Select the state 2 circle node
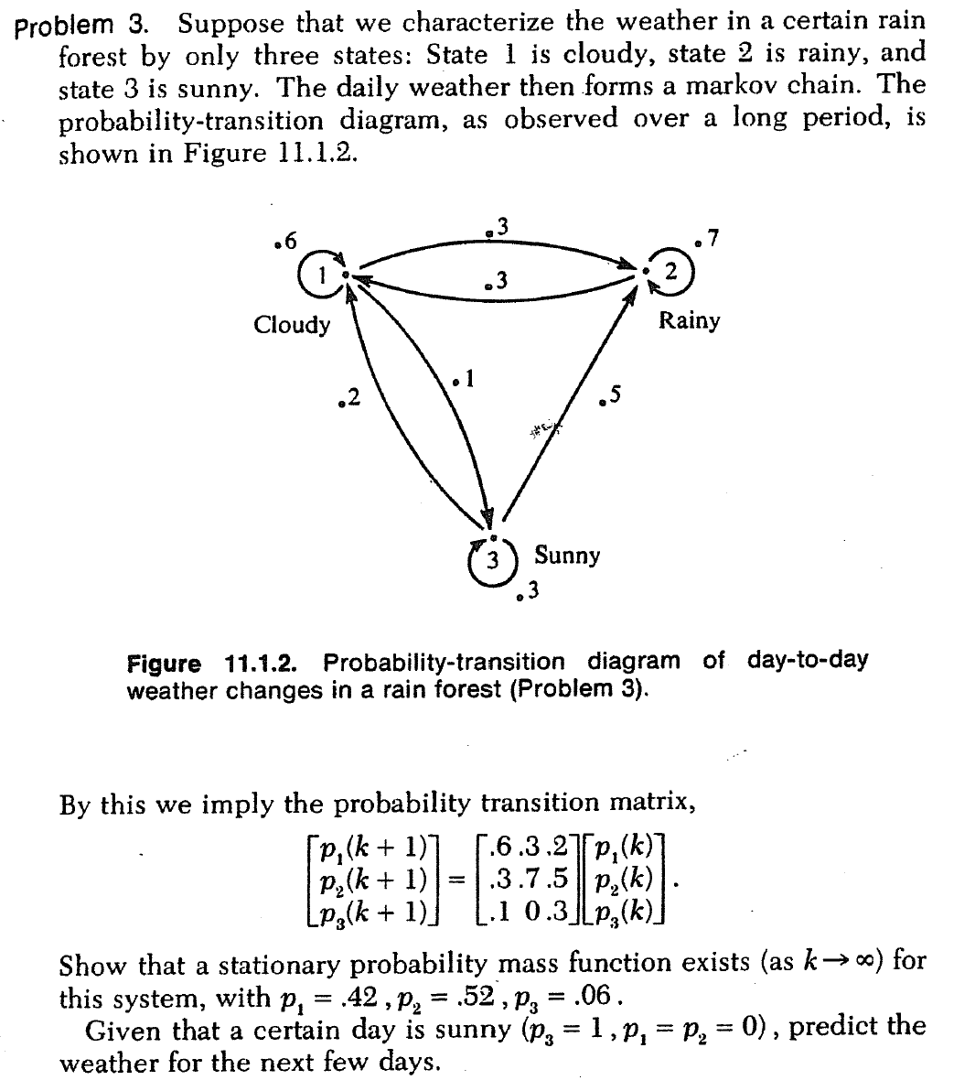tap(671, 272)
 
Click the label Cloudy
tap(292, 324)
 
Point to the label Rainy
tap(690, 320)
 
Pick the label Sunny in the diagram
tap(567, 555)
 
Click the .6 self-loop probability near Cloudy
tap(286, 242)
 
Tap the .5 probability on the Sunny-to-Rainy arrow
tap(609, 394)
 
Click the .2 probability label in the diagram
tap(348, 397)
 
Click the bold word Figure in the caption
tap(163, 662)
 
